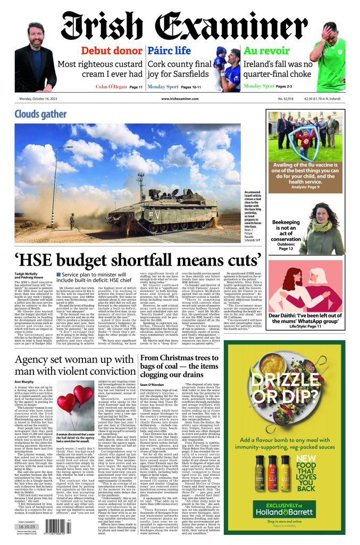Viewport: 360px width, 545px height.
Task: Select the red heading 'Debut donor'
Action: coord(112,51)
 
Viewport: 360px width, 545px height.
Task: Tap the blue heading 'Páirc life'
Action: coord(169,51)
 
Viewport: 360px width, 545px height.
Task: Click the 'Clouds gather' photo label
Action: coord(40,114)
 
